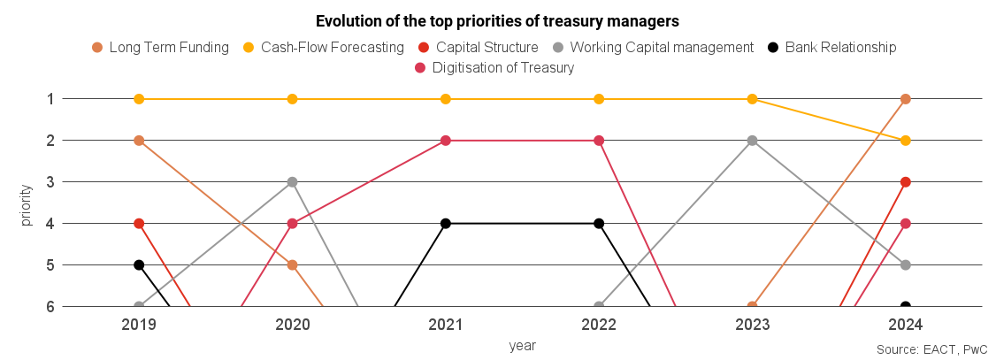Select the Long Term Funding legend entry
[x=160, y=47]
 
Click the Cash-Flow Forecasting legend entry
[x=323, y=47]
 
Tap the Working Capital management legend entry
[x=653, y=47]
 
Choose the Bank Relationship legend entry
[x=831, y=47]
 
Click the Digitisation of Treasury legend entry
[x=494, y=67]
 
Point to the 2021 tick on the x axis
[x=446, y=325]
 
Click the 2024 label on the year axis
[x=905, y=325]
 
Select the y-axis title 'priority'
[x=27, y=203]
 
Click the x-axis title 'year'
[x=522, y=345]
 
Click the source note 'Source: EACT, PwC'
[x=931, y=349]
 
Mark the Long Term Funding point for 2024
[x=905, y=99]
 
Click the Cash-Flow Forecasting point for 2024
[x=905, y=141]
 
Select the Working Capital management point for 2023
[x=752, y=141]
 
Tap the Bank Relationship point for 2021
[x=446, y=224]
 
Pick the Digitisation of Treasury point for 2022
[x=599, y=141]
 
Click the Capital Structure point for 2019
[x=139, y=224]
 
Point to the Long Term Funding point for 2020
[x=292, y=265]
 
